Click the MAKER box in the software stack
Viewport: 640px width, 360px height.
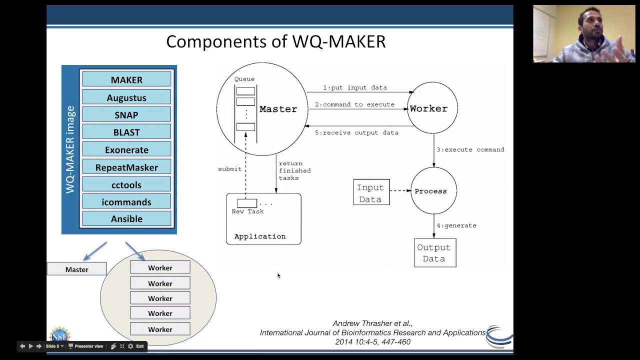coord(126,79)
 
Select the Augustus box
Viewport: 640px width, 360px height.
coord(126,97)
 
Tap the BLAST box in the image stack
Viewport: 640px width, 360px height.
coord(126,132)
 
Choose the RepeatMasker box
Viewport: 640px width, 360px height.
coord(126,167)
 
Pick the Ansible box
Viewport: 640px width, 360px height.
coord(126,218)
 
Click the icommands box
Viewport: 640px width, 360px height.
coord(126,201)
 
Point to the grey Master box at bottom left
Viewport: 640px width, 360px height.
coord(76,269)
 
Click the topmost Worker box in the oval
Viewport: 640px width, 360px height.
coord(160,267)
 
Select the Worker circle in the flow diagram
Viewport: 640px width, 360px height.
coord(432,108)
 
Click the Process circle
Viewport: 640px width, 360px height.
coord(433,191)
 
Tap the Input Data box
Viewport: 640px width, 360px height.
coord(371,193)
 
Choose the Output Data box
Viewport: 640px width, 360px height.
coord(434,253)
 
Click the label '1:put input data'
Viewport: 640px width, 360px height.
coord(354,87)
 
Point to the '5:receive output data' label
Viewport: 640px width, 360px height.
coord(356,132)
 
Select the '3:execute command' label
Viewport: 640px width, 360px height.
coord(470,149)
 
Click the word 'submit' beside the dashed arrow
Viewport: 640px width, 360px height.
coord(229,169)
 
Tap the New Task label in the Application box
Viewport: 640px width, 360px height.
coord(247,211)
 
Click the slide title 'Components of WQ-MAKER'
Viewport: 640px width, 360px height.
coord(275,41)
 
